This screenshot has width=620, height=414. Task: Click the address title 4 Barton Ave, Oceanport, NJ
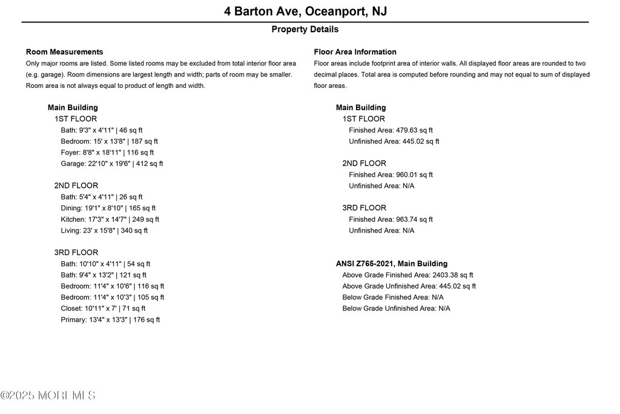point(305,12)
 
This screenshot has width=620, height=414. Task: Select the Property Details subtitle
point(305,29)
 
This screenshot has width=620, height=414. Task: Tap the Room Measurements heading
point(64,52)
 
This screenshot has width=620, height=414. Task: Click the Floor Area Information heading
point(355,52)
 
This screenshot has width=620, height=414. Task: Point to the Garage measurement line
point(111,164)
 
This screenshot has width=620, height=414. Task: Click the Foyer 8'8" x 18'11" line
point(107,153)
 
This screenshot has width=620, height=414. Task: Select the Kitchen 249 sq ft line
point(110,219)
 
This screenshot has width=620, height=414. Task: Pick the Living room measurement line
point(104,230)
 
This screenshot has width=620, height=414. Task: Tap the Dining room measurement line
point(108,209)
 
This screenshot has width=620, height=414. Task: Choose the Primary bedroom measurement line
point(110,320)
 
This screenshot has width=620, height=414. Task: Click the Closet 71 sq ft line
point(103,309)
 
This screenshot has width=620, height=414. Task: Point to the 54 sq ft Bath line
point(105,264)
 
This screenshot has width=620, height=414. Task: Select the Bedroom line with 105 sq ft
point(112,298)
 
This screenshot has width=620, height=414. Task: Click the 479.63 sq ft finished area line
point(391,130)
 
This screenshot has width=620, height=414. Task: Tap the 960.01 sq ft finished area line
point(391,175)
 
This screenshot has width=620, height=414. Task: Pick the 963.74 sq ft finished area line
point(391,219)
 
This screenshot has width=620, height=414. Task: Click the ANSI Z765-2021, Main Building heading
point(392,264)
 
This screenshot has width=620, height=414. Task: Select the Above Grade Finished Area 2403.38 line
point(407,275)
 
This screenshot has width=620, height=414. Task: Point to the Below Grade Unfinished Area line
point(396,309)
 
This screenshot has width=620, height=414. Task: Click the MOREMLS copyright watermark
point(48,396)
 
